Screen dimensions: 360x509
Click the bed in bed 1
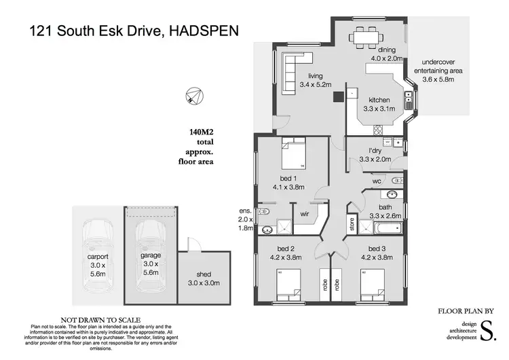click(295, 155)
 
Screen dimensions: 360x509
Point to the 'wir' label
click(305, 213)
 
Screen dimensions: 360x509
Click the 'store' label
click(352, 225)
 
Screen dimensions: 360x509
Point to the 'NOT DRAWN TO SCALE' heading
click(100, 319)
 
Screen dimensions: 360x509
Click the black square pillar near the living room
click(336, 96)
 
